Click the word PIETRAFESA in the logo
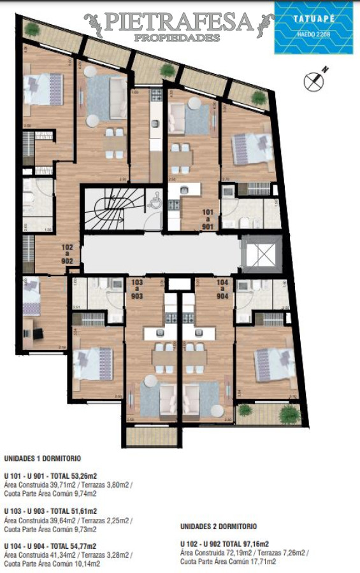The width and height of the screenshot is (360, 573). pos(178,22)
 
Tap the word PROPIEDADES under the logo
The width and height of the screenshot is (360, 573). pos(178,38)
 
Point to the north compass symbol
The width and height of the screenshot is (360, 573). pos(313,80)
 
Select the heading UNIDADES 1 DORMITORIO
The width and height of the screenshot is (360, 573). pos(43,458)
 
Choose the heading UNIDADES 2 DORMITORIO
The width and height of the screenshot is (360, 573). pos(219,527)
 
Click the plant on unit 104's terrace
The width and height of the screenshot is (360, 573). pos(289,414)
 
